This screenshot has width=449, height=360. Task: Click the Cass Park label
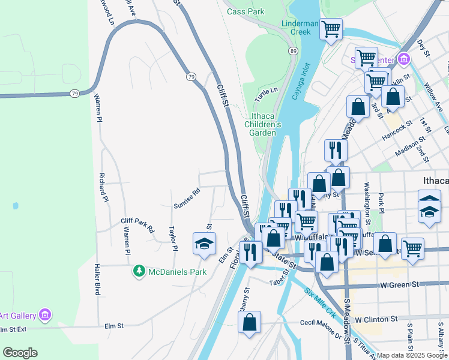point(246,11)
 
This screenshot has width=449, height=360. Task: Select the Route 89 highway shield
point(293,52)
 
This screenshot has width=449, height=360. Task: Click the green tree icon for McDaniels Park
point(139,272)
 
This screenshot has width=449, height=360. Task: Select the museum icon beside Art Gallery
point(44,315)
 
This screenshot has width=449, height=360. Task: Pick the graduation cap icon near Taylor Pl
point(203,244)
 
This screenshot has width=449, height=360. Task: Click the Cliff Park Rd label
point(137,225)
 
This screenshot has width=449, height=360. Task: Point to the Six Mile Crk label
point(320,303)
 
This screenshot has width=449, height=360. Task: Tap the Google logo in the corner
point(20,353)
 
